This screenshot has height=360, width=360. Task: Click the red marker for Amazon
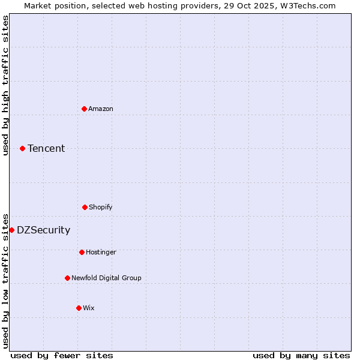tap(84, 109)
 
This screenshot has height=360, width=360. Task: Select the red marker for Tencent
tap(22, 148)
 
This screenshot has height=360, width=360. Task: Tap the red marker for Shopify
tap(85, 207)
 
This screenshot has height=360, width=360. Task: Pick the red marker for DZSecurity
tap(11, 230)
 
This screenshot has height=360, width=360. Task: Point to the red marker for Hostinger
tap(82, 252)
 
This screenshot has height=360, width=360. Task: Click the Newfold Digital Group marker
tap(67, 278)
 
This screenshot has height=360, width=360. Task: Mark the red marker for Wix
tap(79, 308)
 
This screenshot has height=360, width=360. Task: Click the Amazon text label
tap(101, 109)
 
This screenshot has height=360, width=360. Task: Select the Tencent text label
tap(46, 148)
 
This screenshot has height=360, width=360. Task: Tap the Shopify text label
tap(101, 207)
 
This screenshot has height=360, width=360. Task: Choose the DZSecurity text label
tap(43, 230)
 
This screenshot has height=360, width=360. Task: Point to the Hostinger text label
tap(101, 252)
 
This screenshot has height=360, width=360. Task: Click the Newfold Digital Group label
tap(106, 278)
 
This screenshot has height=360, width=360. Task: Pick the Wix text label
tap(89, 308)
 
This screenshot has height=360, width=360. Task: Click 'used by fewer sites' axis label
tap(62, 355)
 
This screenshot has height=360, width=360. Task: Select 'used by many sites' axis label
tap(301, 355)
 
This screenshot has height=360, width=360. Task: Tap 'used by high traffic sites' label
tap(5, 85)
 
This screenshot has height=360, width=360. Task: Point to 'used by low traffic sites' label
tap(5, 280)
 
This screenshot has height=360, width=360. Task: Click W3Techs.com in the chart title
tap(310, 5)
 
